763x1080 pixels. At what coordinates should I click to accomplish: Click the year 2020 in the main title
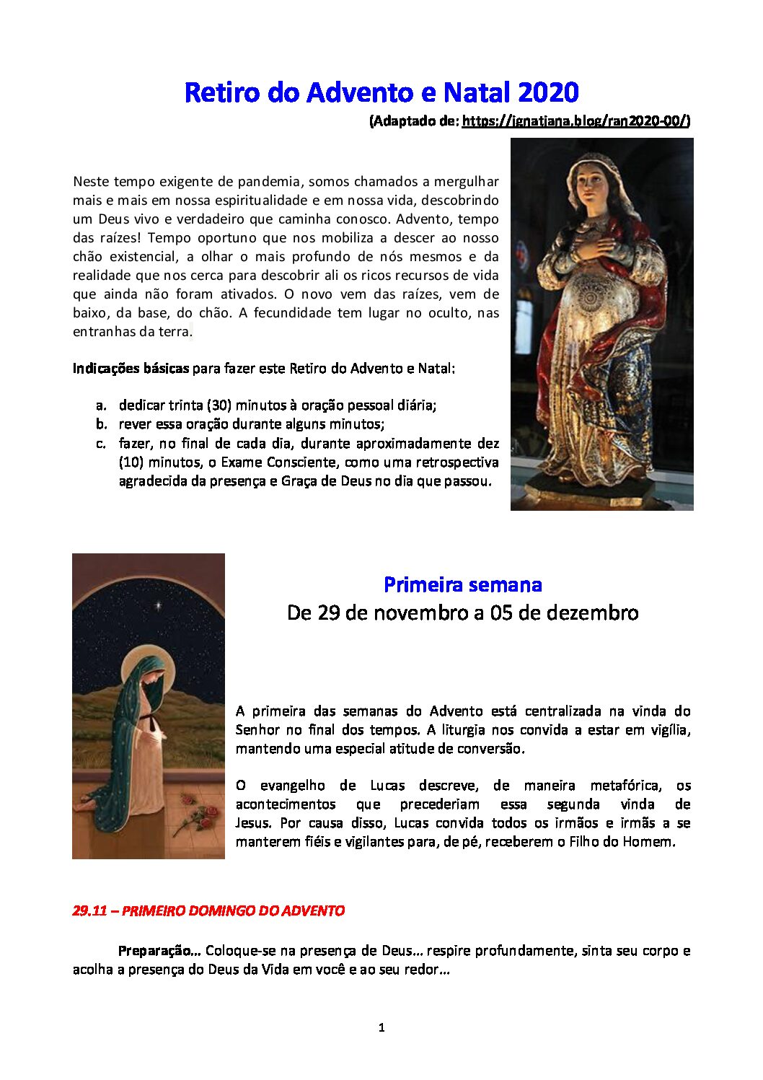point(548,93)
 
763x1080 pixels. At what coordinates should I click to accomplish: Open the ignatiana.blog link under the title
point(575,121)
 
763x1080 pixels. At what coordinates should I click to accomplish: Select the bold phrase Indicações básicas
point(131,369)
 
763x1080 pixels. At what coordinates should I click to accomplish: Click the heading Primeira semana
point(462,584)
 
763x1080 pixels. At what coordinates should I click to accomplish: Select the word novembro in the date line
point(411,613)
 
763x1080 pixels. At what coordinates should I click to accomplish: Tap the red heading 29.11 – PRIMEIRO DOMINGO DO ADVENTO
point(208,910)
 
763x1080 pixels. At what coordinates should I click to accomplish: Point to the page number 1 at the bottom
point(381,1027)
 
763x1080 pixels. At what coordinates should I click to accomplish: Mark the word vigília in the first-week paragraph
point(671,730)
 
